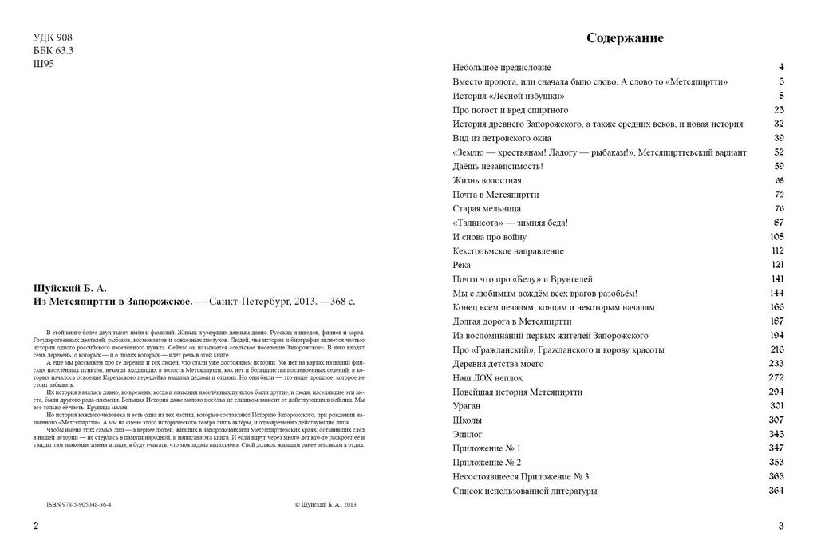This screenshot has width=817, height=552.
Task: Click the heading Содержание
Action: pyautogui.click(x=625, y=37)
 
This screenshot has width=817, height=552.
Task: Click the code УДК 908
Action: pyautogui.click(x=55, y=38)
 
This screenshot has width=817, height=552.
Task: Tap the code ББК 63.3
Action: pyautogui.click(x=53, y=51)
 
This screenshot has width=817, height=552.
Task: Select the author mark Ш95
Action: pyautogui.click(x=43, y=65)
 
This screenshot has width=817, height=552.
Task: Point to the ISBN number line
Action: pyautogui.click(x=79, y=505)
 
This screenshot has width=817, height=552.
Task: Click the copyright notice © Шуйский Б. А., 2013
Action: pyautogui.click(x=325, y=505)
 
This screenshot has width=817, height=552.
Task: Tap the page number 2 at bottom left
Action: pyautogui.click(x=34, y=526)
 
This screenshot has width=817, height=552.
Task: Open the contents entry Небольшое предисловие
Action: pyautogui.click(x=501, y=68)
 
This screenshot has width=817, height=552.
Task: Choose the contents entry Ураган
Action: pyautogui.click(x=466, y=406)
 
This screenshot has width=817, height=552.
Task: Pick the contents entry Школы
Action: pyautogui.click(x=468, y=420)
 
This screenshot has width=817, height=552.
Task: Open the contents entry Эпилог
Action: pyautogui.click(x=468, y=434)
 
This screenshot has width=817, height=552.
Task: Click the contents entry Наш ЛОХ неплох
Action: pyautogui.click(x=487, y=378)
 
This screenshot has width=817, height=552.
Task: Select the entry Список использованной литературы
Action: pyautogui.click(x=524, y=491)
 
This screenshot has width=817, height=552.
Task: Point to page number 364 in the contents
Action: pyautogui.click(x=776, y=491)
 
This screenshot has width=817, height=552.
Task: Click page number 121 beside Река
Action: pyautogui.click(x=777, y=265)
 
